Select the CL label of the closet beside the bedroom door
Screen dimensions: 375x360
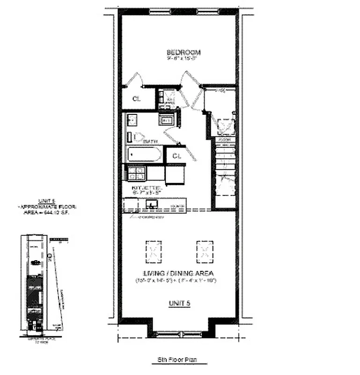136,99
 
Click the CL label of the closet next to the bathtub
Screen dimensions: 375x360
176,156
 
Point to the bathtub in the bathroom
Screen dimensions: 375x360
144,154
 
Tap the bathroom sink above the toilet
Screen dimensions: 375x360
132,120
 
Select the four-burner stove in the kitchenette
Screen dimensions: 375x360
136,174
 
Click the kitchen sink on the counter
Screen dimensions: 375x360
151,204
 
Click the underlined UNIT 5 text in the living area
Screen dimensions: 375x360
179,304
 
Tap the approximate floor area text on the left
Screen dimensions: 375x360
46,206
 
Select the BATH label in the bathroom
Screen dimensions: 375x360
150,141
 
